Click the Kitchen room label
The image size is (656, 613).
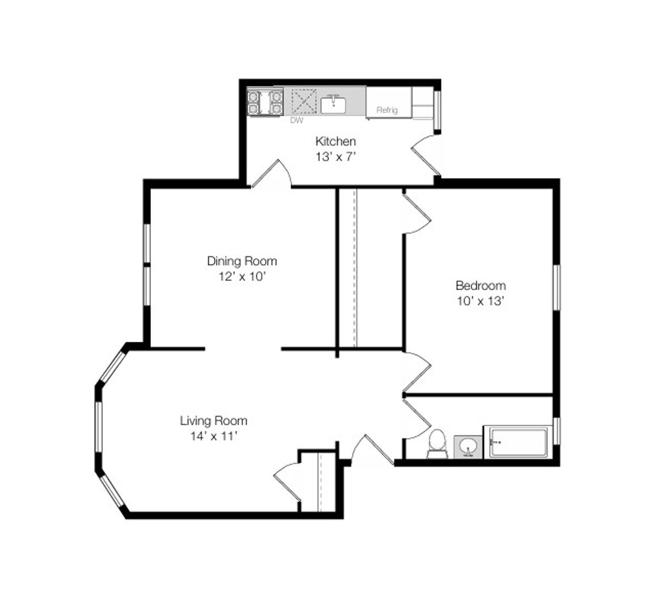[x=335, y=141]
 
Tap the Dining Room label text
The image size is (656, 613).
[x=242, y=261]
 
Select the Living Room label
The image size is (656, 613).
[x=213, y=421]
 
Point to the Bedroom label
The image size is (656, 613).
[x=481, y=286]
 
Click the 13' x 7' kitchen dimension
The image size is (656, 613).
[x=335, y=157]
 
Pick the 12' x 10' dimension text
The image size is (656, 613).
[x=242, y=276]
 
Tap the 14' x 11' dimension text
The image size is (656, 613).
[x=214, y=436]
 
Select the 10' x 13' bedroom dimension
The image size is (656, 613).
[x=481, y=301]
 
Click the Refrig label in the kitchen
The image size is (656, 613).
[x=387, y=110]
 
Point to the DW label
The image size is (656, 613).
[x=297, y=120]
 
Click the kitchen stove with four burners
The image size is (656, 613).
[x=265, y=103]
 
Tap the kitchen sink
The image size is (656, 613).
[x=333, y=104]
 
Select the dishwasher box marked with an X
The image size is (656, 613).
[x=304, y=101]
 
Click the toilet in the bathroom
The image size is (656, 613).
[x=438, y=443]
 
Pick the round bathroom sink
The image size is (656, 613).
[x=468, y=447]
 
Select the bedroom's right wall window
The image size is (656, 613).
[x=557, y=287]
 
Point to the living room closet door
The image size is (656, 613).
[x=288, y=481]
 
